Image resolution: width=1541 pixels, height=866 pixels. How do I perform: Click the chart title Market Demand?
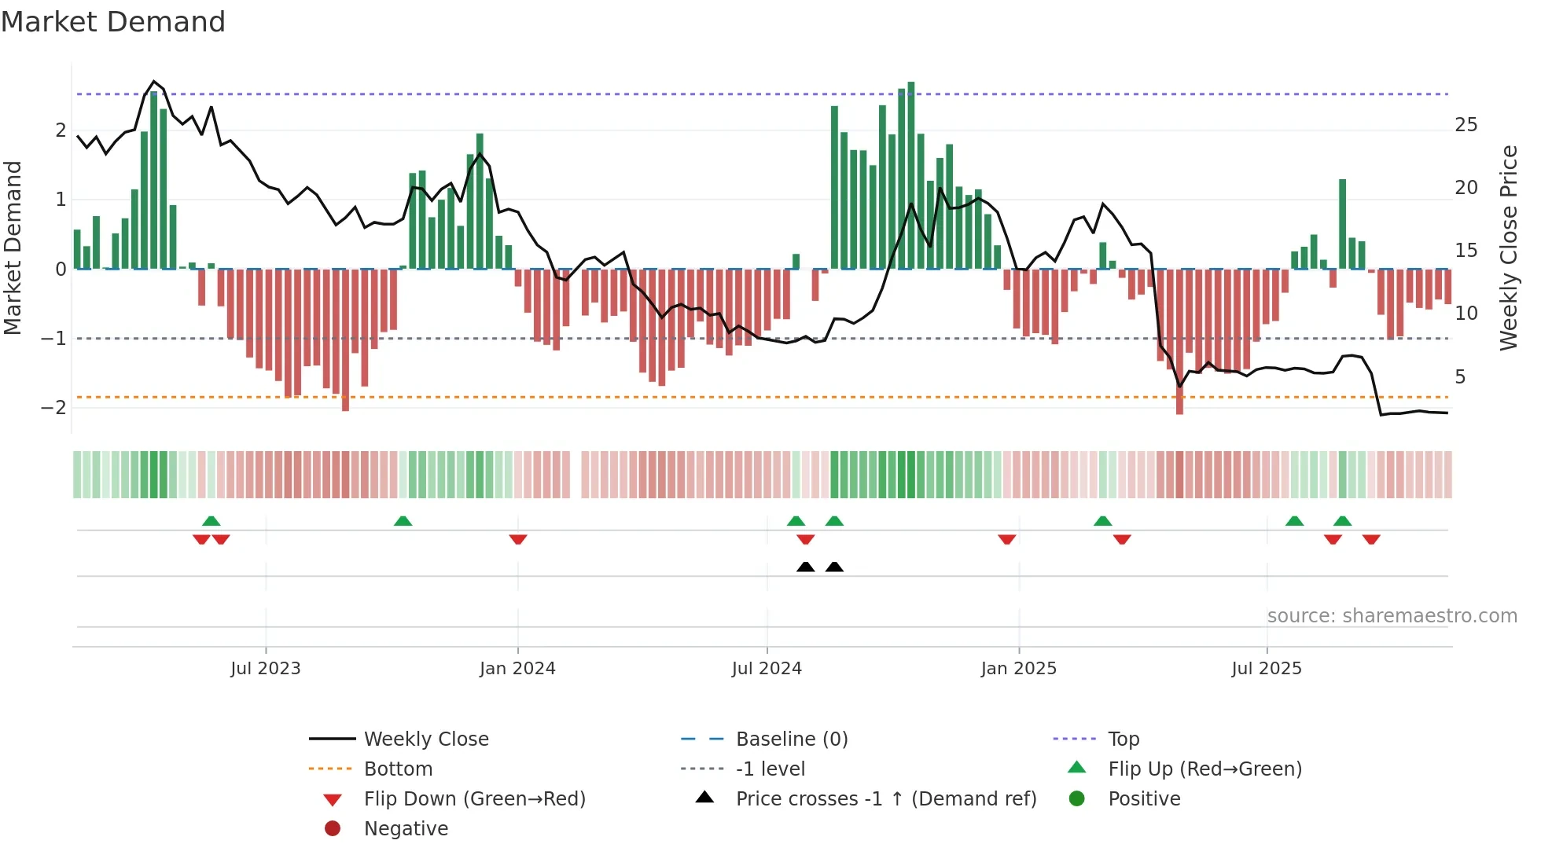113,22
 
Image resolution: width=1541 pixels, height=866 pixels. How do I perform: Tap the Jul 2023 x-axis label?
266,669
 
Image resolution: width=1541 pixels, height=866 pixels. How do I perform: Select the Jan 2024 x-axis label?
517,669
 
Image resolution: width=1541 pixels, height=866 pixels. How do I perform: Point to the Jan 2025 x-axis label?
1019,669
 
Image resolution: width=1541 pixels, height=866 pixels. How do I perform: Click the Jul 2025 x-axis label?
1267,669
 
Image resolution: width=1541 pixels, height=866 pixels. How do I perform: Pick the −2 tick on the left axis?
53,407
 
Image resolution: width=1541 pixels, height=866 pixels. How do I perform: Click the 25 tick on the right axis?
1466,125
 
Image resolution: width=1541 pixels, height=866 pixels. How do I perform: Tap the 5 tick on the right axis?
1460,377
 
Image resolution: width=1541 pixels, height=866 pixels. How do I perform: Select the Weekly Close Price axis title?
1508,248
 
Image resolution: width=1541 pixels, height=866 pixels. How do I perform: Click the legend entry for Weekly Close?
426,739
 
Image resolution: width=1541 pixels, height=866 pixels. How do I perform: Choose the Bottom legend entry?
398,769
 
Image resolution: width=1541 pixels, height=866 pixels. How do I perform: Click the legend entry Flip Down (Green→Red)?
474,799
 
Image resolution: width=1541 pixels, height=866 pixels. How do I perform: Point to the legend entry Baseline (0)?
792,739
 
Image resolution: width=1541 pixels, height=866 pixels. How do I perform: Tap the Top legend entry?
1124,739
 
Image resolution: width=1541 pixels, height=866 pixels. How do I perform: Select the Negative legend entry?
406,829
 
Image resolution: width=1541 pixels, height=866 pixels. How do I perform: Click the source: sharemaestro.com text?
1392,616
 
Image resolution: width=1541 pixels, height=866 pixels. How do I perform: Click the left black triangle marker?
805,567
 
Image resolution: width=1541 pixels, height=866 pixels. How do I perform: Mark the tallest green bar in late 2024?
911,173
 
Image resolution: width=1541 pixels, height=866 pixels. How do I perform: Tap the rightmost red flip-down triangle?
1371,539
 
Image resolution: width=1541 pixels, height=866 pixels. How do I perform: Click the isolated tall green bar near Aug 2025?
1343,224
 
